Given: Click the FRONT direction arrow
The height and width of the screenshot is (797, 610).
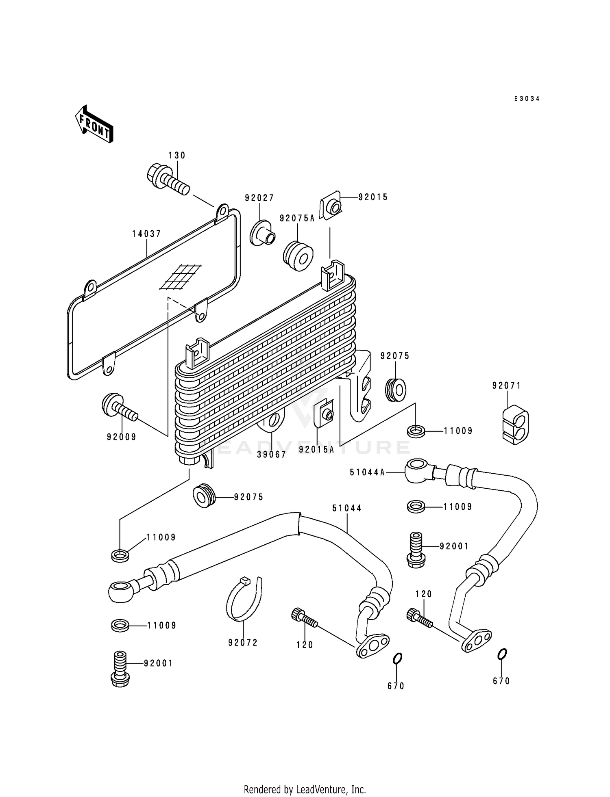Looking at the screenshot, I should coord(94,124).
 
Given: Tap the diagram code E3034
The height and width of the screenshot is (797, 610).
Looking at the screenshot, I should coord(527,99).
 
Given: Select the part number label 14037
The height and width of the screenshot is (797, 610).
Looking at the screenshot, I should coord(146,234).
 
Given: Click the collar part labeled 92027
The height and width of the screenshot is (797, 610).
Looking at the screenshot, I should coord(262,233).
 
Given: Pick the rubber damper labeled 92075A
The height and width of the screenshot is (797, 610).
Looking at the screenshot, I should coord(298,256).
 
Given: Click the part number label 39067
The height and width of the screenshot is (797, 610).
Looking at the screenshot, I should coord(272,455).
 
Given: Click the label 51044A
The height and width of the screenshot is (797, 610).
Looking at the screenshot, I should coord(367,472).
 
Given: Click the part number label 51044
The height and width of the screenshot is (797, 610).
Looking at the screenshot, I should coord(347,508).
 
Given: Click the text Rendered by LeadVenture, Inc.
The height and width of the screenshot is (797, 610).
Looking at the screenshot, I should coord(305,789).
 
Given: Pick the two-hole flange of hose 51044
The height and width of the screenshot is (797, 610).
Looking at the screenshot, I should coord(373,645).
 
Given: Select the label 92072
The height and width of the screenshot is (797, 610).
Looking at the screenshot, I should coord(243,643).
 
